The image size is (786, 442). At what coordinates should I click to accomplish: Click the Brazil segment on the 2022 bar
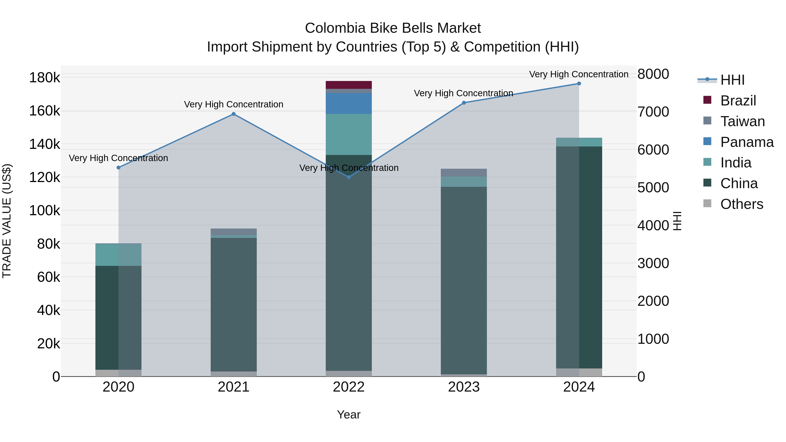pyautogui.click(x=348, y=85)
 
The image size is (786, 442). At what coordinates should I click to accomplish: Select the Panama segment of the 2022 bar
pyautogui.click(x=348, y=103)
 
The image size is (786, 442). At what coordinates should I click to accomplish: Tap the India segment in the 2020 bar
pyautogui.click(x=118, y=255)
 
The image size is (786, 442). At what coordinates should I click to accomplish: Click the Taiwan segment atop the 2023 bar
pyautogui.click(x=464, y=173)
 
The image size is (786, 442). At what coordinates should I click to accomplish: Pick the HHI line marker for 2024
pyautogui.click(x=579, y=84)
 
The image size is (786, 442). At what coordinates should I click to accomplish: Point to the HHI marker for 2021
pyautogui.click(x=233, y=114)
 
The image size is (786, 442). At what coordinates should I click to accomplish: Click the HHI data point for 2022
pyautogui.click(x=349, y=177)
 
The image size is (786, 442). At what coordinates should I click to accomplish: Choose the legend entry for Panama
pyautogui.click(x=747, y=142)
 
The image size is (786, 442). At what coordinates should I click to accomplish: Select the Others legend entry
pyautogui.click(x=741, y=204)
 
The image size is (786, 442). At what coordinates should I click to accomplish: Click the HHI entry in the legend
pyautogui.click(x=732, y=80)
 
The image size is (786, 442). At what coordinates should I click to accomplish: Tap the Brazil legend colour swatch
pyautogui.click(x=707, y=100)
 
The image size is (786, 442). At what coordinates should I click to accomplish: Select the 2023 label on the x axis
pyautogui.click(x=464, y=387)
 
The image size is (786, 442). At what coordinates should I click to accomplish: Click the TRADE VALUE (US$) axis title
pyautogui.click(x=7, y=221)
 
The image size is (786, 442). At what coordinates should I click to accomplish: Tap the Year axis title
pyautogui.click(x=348, y=414)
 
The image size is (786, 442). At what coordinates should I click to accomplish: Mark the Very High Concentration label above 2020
pyautogui.click(x=118, y=158)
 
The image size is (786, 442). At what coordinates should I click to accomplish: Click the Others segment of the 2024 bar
pyautogui.click(x=579, y=372)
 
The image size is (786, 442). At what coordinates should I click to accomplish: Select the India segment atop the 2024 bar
pyautogui.click(x=579, y=142)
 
